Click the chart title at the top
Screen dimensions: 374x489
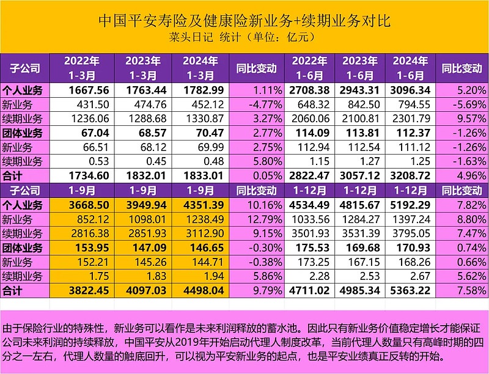click(244, 21)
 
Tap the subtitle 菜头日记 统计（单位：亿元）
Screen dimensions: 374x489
click(244, 37)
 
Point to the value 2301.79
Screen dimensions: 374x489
click(408, 117)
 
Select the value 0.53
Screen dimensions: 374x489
click(89, 161)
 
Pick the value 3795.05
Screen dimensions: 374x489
click(408, 233)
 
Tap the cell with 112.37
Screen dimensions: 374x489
click(408, 133)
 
